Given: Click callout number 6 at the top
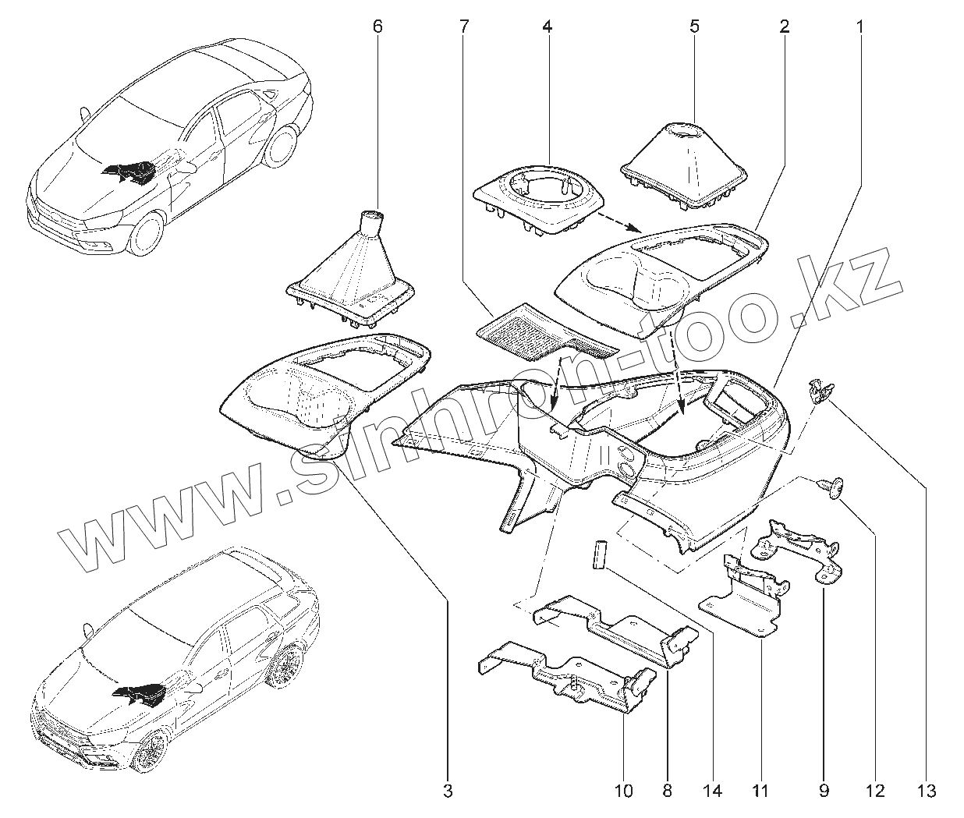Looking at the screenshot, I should tap(378, 26).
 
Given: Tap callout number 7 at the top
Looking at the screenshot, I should tap(463, 26).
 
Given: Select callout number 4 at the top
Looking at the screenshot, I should tap(547, 26).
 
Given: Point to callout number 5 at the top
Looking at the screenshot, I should tap(694, 26).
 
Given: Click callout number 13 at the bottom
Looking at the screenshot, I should tap(927, 791).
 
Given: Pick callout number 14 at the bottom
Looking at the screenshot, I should tap(712, 791).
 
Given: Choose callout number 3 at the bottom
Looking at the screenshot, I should tap(448, 791).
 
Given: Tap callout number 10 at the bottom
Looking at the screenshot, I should tap(623, 791).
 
